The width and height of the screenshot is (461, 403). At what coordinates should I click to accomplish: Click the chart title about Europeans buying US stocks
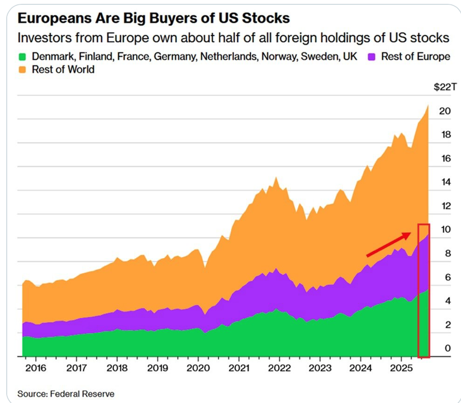[154, 19]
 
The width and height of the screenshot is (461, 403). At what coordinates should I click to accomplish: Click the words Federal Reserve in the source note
[83, 394]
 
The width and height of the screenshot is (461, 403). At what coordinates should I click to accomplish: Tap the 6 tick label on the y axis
[448, 277]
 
